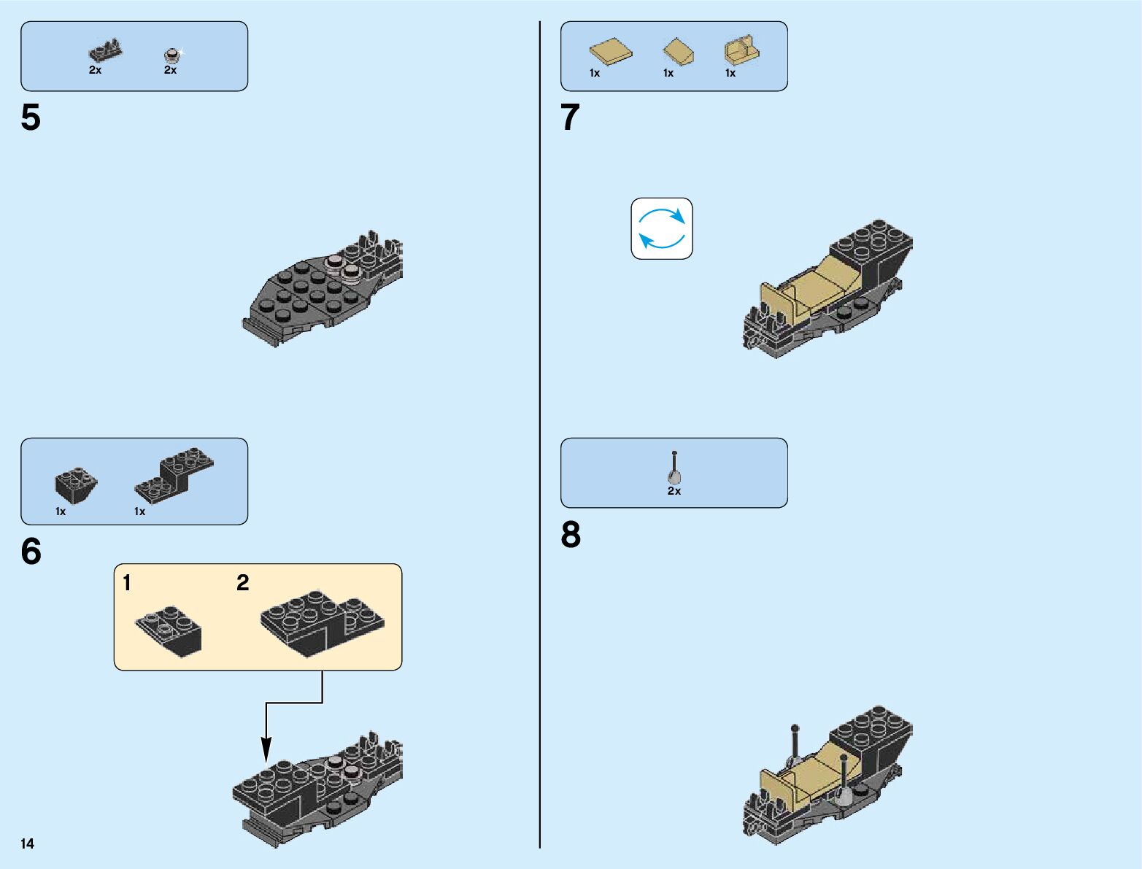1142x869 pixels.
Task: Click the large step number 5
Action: (x=31, y=117)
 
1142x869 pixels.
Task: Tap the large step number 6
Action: (x=31, y=552)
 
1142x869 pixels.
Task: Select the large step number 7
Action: (x=570, y=117)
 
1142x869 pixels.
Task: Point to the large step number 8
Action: (x=571, y=535)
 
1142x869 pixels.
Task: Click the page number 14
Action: (x=27, y=843)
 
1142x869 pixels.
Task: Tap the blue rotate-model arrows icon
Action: (x=661, y=228)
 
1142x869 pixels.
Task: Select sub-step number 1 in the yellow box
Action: (x=127, y=583)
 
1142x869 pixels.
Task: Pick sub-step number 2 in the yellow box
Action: (x=243, y=583)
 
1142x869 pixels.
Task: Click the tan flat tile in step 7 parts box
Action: (x=611, y=53)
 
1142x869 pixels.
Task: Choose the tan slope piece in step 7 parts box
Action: (x=678, y=52)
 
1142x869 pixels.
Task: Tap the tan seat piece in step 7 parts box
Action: (x=742, y=51)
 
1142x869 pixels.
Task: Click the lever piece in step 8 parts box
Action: (x=674, y=468)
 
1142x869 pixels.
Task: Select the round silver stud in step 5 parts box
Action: (x=171, y=54)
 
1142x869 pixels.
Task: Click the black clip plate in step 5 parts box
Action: (x=105, y=52)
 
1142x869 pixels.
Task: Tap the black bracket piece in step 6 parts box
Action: (x=174, y=474)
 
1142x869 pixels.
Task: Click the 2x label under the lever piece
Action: (x=674, y=491)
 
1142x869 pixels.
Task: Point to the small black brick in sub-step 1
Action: (x=170, y=630)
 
